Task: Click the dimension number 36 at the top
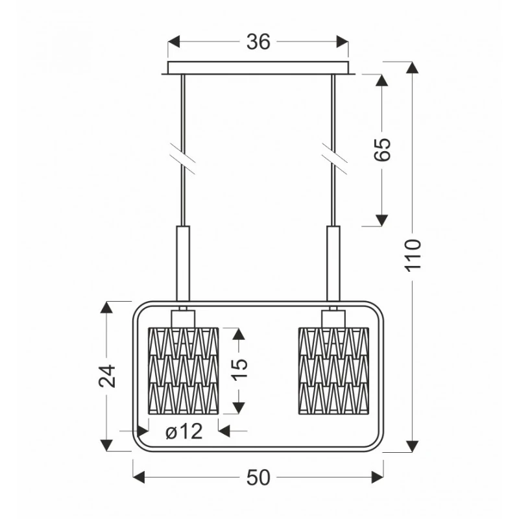[x=258, y=42]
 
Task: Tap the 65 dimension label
[x=382, y=149]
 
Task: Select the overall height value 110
[x=413, y=255]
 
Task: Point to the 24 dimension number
[x=107, y=376]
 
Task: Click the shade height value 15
[x=239, y=369]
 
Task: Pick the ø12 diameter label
[x=184, y=431]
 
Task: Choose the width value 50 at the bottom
[x=258, y=477]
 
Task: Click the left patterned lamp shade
[x=184, y=370]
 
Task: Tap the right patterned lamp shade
[x=333, y=370]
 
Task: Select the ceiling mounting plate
[x=258, y=68]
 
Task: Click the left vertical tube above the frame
[x=184, y=263]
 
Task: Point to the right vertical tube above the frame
[x=333, y=263]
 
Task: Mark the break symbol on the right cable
[x=334, y=159]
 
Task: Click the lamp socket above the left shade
[x=184, y=319]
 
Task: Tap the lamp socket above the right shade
[x=333, y=319]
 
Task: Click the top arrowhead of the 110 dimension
[x=412, y=67]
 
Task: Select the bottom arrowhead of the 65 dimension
[x=382, y=220]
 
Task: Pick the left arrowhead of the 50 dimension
[x=139, y=477]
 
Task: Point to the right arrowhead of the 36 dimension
[x=343, y=42]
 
